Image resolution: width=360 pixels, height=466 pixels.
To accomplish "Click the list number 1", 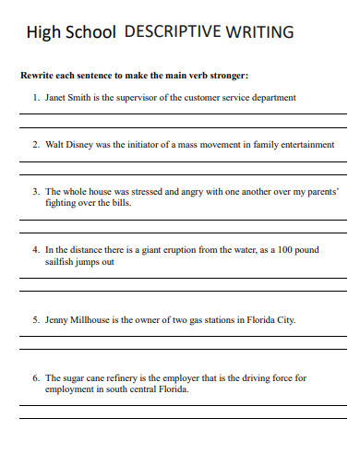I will tap(35, 96).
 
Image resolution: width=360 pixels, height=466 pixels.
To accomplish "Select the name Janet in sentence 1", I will tap(55, 96).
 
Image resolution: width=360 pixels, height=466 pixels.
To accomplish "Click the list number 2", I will tap(35, 145).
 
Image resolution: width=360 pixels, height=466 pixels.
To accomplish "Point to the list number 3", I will tap(35, 193).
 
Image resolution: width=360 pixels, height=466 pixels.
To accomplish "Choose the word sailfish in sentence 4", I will tap(61, 261).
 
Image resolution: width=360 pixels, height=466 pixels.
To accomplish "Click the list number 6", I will tap(35, 377).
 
